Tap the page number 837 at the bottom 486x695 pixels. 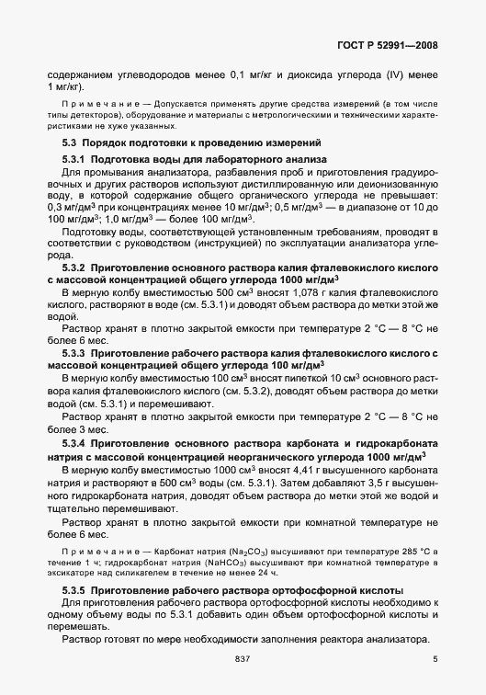tap(243, 658)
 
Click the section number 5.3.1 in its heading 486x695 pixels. tap(75, 159)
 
